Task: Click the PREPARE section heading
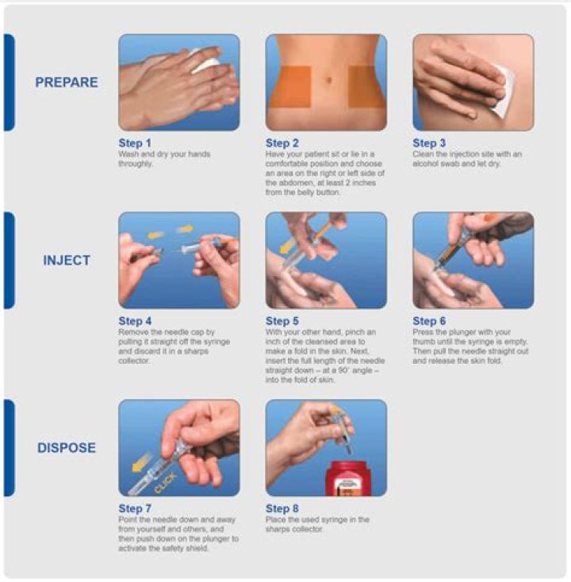[67, 82]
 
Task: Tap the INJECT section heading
[67, 260]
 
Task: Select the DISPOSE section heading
[67, 448]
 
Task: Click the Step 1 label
[135, 143]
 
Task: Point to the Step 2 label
[282, 143]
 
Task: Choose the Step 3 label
[429, 143]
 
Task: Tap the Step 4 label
[135, 321]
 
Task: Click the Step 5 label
[282, 321]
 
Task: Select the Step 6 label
[429, 321]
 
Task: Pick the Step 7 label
[135, 508]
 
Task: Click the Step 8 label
[282, 508]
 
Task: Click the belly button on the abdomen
[328, 79]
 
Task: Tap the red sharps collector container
[348, 478]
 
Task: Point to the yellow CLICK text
[165, 483]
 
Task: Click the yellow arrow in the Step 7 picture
[142, 462]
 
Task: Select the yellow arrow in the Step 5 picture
[287, 247]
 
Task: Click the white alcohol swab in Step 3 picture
[503, 91]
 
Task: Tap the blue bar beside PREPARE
[10, 82]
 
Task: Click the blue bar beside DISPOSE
[10, 448]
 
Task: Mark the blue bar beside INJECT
[10, 260]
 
